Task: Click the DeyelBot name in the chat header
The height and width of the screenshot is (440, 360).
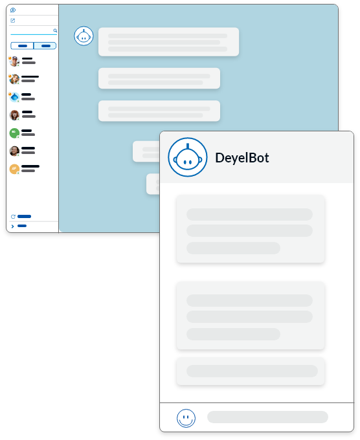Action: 242,158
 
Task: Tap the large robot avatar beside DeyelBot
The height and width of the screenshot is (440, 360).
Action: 188,157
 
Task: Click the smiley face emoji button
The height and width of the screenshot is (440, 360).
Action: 186,418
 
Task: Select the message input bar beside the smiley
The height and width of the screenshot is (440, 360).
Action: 267,417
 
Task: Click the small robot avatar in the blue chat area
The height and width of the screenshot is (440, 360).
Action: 84,36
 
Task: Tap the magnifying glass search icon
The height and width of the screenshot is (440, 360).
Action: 55,30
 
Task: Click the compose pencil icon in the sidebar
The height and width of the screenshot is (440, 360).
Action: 13,20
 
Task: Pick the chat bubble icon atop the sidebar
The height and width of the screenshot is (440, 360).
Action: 13,10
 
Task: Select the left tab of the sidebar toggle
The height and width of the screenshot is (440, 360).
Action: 22,46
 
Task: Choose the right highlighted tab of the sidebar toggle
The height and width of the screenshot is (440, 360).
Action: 45,46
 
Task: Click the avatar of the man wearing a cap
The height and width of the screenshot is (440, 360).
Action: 14,61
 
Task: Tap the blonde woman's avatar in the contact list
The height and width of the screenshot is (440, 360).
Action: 14,79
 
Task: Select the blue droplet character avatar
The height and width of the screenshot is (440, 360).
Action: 14,97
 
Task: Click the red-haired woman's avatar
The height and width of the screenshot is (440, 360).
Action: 14,115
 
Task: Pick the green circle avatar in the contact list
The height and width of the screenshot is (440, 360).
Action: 14,133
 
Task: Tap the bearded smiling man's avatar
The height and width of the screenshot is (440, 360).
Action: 14,151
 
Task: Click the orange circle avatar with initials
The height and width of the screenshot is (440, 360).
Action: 14,169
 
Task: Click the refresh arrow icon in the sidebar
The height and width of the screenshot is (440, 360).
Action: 13,217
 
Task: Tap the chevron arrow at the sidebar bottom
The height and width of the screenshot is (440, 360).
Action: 12,226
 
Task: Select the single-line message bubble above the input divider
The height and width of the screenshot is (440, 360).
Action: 251,371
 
